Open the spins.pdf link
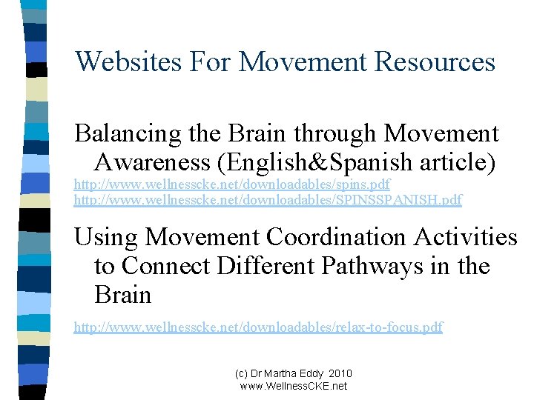pyautogui.click(x=232, y=184)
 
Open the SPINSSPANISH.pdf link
pyautogui.click(x=268, y=199)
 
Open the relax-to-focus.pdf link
pyautogui.click(x=258, y=327)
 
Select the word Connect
pyautogui.click(x=174, y=265)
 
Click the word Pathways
pyautogui.click(x=386, y=265)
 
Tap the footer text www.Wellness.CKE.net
pyautogui.click(x=294, y=386)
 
